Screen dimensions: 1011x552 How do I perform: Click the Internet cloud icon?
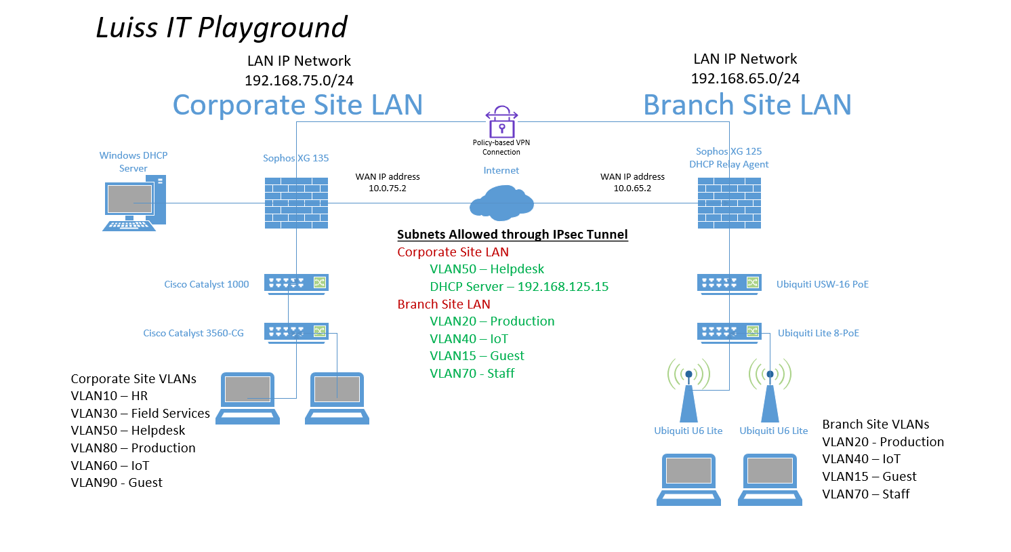click(x=501, y=203)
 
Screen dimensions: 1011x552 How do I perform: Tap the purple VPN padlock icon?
click(x=501, y=121)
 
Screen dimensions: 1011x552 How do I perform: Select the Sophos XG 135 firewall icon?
click(x=296, y=203)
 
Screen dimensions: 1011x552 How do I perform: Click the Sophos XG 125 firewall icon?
click(x=729, y=203)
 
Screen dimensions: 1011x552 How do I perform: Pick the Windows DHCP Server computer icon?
click(x=134, y=203)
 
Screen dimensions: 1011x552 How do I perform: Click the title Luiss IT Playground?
click(x=222, y=27)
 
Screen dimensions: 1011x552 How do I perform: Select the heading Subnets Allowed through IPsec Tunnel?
click(x=512, y=235)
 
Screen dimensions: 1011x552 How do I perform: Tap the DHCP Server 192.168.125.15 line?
click(x=519, y=286)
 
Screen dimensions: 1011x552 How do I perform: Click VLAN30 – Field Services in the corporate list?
click(x=140, y=414)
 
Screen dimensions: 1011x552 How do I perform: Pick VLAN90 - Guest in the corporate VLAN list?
click(x=117, y=482)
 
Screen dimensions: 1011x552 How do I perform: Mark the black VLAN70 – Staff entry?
click(x=866, y=494)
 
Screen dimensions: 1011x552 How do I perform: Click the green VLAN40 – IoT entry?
click(x=469, y=339)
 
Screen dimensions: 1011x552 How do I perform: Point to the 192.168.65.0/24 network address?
click(x=745, y=79)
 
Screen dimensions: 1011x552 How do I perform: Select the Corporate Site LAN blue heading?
click(x=298, y=105)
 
